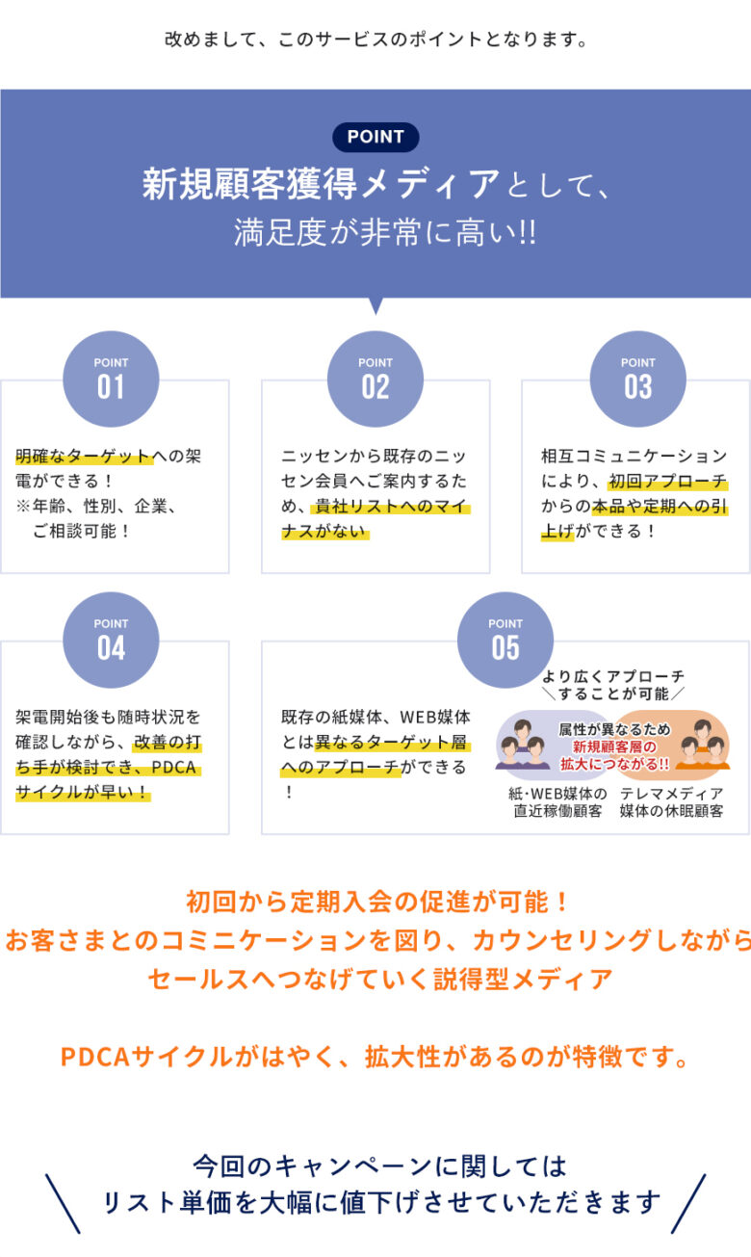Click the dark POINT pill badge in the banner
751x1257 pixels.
375,137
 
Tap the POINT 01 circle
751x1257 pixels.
111,379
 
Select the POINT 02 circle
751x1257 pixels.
375,379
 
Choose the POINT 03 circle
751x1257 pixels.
637,379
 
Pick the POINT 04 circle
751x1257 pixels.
111,640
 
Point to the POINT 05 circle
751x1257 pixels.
505,640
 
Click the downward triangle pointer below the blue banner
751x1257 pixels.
375,305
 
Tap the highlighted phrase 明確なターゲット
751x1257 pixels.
84,457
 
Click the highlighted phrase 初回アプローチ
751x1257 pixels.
667,482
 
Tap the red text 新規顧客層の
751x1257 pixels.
613,746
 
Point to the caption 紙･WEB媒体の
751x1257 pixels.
557,794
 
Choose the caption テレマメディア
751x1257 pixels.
671,794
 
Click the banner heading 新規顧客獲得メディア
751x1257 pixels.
322,183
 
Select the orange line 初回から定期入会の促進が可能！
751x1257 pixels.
375,903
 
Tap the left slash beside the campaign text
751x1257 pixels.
63,1203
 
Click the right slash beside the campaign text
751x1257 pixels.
688,1203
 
